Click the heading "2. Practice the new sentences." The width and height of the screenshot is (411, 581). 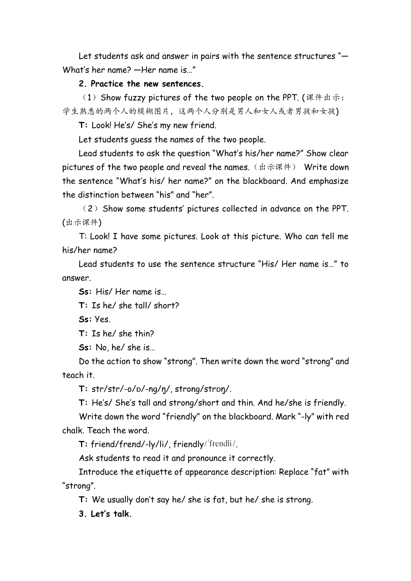click(x=141, y=84)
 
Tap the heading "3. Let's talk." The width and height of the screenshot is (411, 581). click(x=105, y=514)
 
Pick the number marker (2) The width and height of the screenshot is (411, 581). click(x=90, y=209)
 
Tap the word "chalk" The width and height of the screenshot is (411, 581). click(x=73, y=431)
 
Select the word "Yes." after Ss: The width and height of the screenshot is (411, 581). click(x=103, y=319)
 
